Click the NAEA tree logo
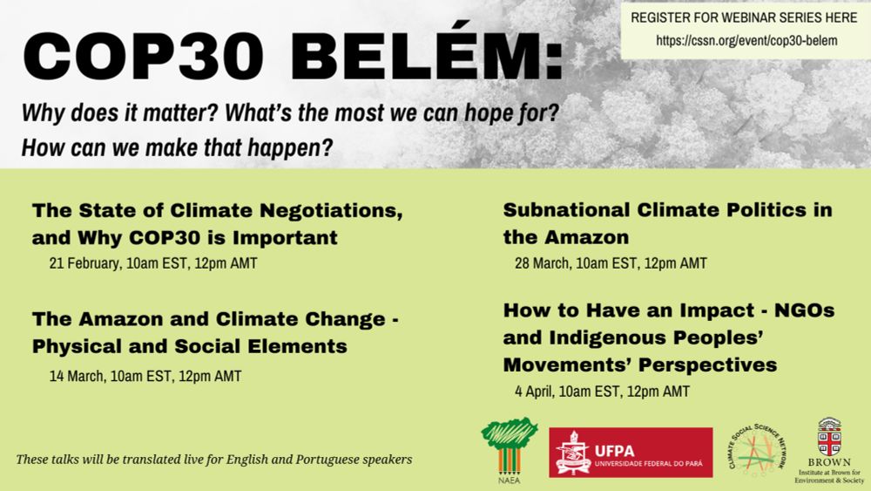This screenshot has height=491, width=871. tap(510, 449)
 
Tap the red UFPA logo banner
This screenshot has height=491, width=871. tap(631, 453)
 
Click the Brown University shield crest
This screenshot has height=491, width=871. tap(829, 437)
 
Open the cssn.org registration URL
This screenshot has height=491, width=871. tap(746, 40)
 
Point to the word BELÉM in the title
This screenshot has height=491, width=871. tap(427, 56)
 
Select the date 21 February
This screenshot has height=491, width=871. tap(85, 263)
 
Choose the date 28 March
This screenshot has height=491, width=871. tap(543, 263)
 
